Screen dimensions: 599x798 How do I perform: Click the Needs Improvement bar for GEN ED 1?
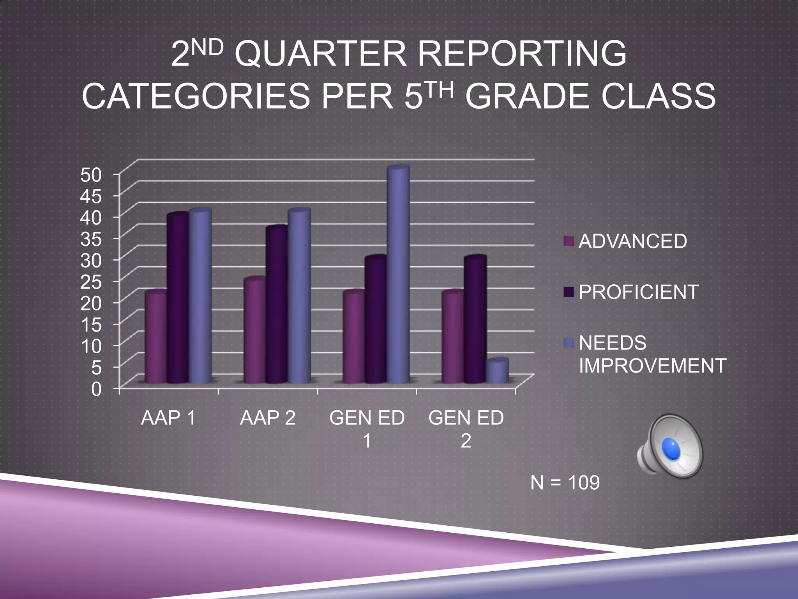(x=398, y=273)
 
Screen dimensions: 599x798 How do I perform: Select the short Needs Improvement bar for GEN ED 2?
(x=497, y=370)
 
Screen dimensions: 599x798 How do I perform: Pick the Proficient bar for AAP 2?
(x=277, y=304)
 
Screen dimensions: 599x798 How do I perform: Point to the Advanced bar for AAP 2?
(x=254, y=330)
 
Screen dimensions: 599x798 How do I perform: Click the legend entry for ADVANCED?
(x=632, y=241)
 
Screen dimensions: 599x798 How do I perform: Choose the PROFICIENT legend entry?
(x=638, y=292)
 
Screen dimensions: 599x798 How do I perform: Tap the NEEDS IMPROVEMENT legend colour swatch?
(x=569, y=343)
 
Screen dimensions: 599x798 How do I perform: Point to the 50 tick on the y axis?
(x=91, y=175)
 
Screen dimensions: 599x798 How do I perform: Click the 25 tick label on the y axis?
(x=91, y=282)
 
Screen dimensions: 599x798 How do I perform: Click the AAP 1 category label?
(x=168, y=418)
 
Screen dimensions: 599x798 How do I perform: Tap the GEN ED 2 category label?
(x=466, y=428)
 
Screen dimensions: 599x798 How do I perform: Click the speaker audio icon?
(x=670, y=447)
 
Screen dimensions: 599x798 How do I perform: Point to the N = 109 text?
(x=565, y=483)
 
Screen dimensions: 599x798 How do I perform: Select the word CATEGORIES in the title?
(x=196, y=97)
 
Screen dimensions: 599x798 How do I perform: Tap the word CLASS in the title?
(x=658, y=97)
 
